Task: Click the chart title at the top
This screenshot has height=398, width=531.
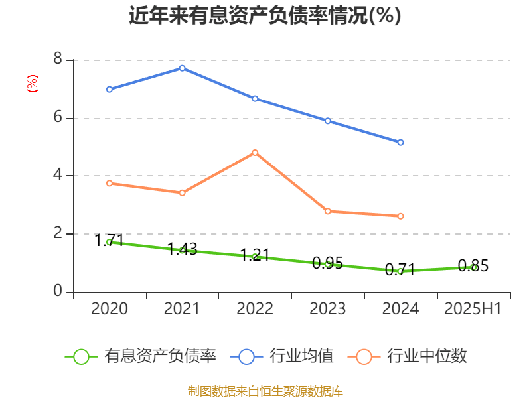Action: pyautogui.click(x=265, y=15)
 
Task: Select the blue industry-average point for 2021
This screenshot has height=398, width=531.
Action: pyautogui.click(x=182, y=68)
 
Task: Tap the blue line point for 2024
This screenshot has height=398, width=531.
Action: pyautogui.click(x=401, y=143)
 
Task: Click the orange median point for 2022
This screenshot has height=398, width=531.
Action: pyautogui.click(x=255, y=153)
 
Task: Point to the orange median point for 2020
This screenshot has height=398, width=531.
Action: pyautogui.click(x=109, y=183)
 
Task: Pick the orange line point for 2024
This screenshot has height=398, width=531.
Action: pyautogui.click(x=401, y=216)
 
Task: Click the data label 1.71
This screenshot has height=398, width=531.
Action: pyautogui.click(x=110, y=241)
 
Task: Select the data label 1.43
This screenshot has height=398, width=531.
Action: pyautogui.click(x=182, y=249)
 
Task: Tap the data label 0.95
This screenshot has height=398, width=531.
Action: pyautogui.click(x=327, y=263)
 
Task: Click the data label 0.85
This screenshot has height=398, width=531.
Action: pyautogui.click(x=473, y=267)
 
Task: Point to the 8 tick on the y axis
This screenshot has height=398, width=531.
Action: pyautogui.click(x=58, y=60)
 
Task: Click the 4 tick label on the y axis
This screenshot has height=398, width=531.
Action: pyautogui.click(x=58, y=176)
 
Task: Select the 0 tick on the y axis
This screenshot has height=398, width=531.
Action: pyautogui.click(x=58, y=292)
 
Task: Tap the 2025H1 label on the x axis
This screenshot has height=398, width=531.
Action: pyautogui.click(x=473, y=309)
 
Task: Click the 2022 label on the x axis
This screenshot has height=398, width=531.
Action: pyautogui.click(x=255, y=309)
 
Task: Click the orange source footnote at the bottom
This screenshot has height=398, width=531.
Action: pyautogui.click(x=265, y=391)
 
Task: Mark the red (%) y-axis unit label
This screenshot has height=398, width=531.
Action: pyautogui.click(x=32, y=83)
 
